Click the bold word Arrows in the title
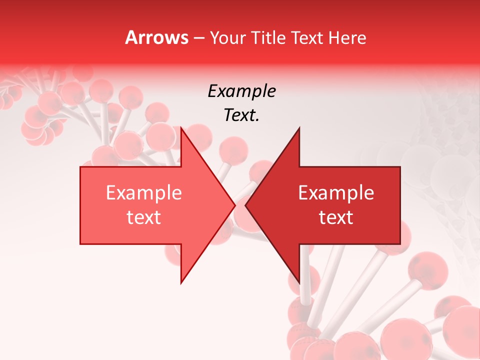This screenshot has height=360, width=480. click(x=156, y=37)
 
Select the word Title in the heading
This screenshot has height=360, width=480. click(x=268, y=37)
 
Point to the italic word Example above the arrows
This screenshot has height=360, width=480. click(x=241, y=91)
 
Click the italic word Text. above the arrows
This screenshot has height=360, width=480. click(x=241, y=115)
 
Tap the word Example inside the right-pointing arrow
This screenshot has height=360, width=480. click(x=144, y=192)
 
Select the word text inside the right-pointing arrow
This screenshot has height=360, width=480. click(x=144, y=217)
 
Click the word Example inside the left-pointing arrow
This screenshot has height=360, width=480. click(x=336, y=192)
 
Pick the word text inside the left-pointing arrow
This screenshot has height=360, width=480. click(x=336, y=217)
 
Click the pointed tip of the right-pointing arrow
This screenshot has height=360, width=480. click(x=235, y=205)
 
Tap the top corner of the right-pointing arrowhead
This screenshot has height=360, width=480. click(x=181, y=128)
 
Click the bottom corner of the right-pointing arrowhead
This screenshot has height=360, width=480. click(x=181, y=283)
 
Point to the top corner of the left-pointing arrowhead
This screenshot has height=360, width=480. click(x=299, y=128)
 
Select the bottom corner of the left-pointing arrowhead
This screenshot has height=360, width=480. click(x=299, y=283)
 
